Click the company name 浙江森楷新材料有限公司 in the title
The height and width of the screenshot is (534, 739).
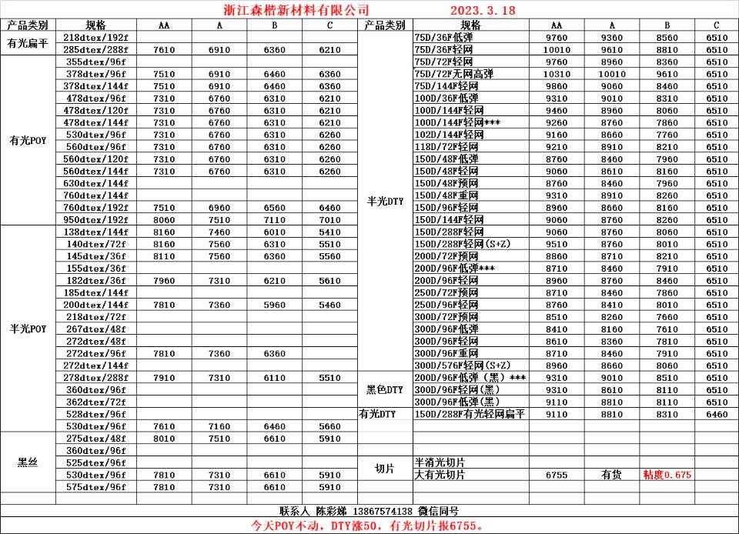tap(290, 10)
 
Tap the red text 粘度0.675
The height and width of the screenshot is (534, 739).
tap(667, 475)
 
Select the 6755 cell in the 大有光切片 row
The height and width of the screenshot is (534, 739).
tap(556, 475)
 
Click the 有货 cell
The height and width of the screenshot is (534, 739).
tap(612, 475)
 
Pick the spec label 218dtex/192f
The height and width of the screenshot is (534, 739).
tap(96, 37)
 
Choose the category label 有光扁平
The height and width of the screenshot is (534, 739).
tap(27, 43)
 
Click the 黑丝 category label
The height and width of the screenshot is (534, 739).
tap(27, 462)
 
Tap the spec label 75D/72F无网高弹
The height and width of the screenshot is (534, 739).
tap(453, 74)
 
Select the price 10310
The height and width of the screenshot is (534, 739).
tap(556, 74)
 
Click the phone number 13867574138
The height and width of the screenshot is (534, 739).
tap(383, 511)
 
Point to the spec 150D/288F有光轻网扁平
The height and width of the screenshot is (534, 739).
tap(469, 414)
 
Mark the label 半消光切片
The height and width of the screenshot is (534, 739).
tap(440, 462)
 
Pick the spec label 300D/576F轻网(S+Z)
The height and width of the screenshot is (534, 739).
tap(462, 365)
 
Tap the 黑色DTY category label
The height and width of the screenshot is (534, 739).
tap(385, 390)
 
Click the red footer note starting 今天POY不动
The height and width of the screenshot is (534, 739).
tap(369, 526)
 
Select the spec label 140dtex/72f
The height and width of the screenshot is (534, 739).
tap(96, 244)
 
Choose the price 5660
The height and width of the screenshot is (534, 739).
tap(329, 426)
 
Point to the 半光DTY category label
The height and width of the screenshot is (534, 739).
tap(385, 202)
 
